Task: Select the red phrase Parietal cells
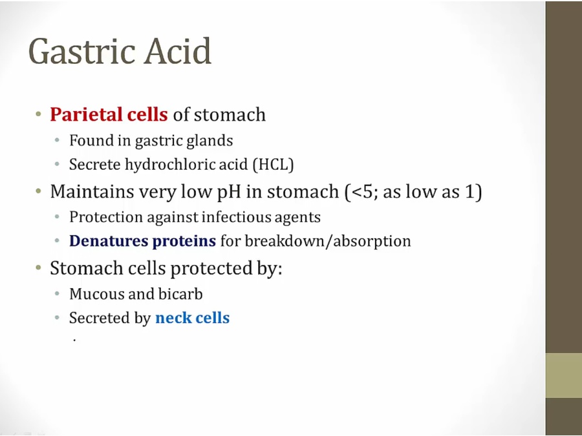point(109,114)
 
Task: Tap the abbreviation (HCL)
point(273,164)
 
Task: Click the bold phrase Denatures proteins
point(142,241)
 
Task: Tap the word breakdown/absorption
point(328,241)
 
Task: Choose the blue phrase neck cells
point(192,318)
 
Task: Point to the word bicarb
point(180,294)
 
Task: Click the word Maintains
point(92,192)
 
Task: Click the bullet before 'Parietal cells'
point(39,114)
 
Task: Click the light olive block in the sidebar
point(564,375)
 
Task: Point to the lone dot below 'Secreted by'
point(74,340)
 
